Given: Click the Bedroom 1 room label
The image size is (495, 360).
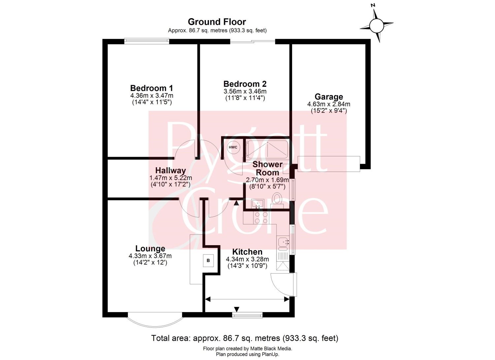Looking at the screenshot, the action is coord(151,88).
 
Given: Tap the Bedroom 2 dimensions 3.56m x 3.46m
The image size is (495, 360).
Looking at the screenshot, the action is coord(245,91).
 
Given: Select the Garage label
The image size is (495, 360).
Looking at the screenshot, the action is coord(329,97).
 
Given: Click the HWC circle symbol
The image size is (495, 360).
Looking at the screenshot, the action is coord(233,147).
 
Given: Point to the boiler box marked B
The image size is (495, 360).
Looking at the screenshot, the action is coord(208,261).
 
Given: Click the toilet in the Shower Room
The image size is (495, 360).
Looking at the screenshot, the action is coord(277,199).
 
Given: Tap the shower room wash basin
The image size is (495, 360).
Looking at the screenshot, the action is coord(258,204).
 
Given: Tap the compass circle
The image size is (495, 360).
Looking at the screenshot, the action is coord(377,26).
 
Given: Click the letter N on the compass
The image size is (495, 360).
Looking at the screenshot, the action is coord(373,5).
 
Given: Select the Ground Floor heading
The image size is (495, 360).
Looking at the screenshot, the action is coord(217,22).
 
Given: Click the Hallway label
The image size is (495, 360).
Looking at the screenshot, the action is coord(171,170).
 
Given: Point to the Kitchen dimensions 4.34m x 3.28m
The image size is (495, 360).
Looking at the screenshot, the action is coord(247,259).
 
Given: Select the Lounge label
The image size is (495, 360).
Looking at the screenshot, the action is coord(150,248).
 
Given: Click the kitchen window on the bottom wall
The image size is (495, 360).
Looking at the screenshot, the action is coord(247,315).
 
